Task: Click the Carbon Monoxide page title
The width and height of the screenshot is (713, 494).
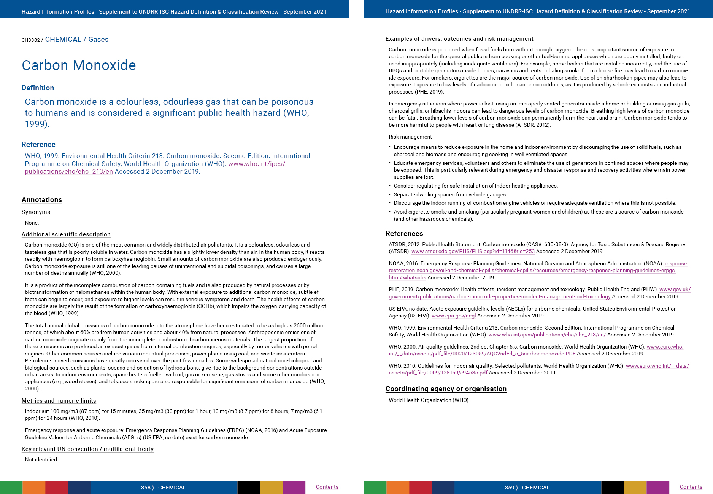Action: click(79, 65)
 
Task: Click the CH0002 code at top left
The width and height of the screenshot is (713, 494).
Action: click(30, 40)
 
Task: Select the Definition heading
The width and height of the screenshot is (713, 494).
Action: click(38, 88)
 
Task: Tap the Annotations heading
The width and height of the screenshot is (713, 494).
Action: click(41, 200)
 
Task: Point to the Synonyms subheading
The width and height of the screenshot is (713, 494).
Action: click(36, 212)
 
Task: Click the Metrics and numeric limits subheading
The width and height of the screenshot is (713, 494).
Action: click(59, 401)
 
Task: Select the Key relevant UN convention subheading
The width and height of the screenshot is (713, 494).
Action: click(87, 449)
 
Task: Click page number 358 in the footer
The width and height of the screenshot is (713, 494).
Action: click(146, 488)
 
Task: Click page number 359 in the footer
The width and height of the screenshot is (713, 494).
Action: click(510, 488)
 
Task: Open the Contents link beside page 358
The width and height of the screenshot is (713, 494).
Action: click(327, 487)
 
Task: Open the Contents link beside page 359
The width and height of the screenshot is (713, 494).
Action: click(691, 487)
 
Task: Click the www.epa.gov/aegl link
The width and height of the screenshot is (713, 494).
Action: click(454, 316)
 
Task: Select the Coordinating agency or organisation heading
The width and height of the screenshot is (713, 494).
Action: click(446, 389)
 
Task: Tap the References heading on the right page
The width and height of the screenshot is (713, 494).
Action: click(404, 234)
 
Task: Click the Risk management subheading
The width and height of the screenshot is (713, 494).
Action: click(410, 137)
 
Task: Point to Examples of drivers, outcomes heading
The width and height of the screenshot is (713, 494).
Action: click(459, 39)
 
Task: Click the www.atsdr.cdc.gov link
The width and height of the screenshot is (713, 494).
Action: click(473, 251)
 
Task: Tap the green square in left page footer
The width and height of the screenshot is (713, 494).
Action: click(11, 488)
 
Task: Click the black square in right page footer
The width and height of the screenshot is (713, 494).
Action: click(612, 488)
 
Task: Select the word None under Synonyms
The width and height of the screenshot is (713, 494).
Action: click(32, 223)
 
